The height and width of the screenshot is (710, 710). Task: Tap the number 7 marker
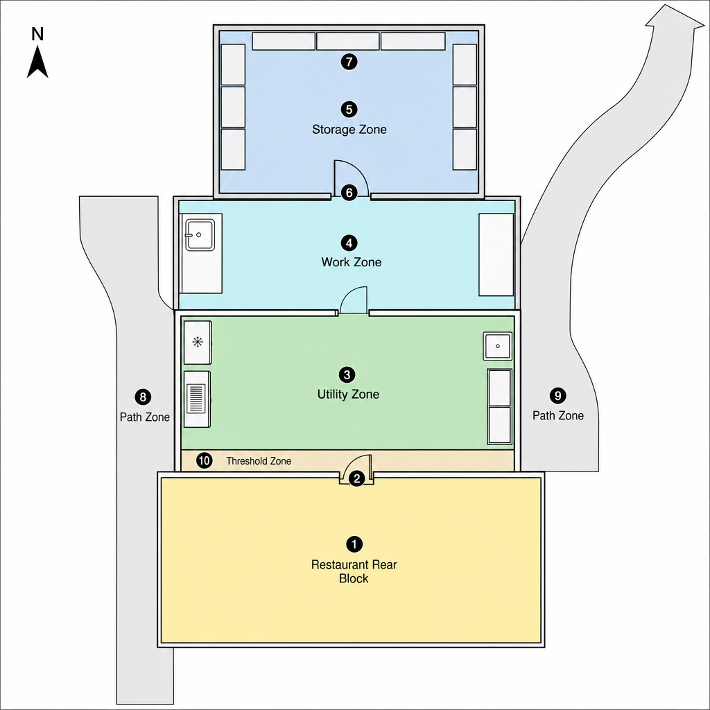coord(349,62)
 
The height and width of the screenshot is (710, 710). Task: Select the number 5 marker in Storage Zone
coord(349,109)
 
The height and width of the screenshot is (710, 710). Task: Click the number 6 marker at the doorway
coord(349,193)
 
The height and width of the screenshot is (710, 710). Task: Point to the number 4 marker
coord(349,243)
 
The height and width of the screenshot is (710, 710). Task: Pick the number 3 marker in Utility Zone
coord(347,374)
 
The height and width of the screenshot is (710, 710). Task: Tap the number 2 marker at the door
coord(357,478)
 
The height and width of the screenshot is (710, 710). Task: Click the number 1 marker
coord(354,544)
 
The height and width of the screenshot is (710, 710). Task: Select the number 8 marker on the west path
coord(143,397)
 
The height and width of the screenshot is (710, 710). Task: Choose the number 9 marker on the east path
coord(558,395)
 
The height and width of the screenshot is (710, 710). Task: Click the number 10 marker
coord(205,461)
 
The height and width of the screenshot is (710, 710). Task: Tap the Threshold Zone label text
coord(259,461)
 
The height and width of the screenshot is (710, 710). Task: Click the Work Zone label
coord(352,261)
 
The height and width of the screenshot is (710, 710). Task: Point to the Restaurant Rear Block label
coord(354,571)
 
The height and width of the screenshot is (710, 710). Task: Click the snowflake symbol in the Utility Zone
coord(198,342)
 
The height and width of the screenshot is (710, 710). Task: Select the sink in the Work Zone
coord(200,234)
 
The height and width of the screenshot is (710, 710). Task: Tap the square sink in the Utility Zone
coord(498,346)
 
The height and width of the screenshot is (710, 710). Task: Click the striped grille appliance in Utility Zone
coord(197,399)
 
